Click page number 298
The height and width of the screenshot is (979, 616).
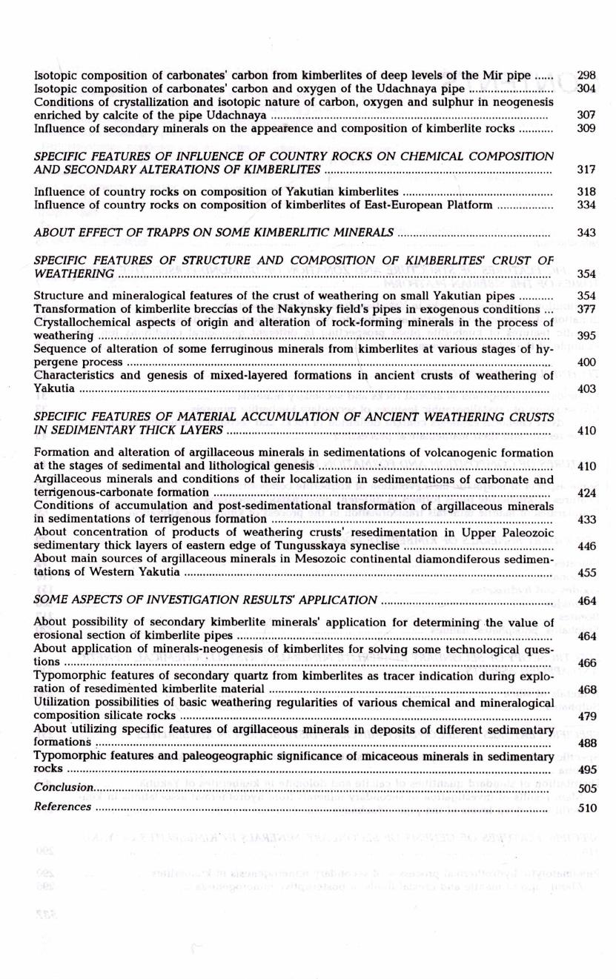586,76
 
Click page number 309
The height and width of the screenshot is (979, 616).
586,128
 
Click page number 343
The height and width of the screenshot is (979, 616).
586,233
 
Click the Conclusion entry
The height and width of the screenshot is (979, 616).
64,788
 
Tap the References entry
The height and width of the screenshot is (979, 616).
63,806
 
